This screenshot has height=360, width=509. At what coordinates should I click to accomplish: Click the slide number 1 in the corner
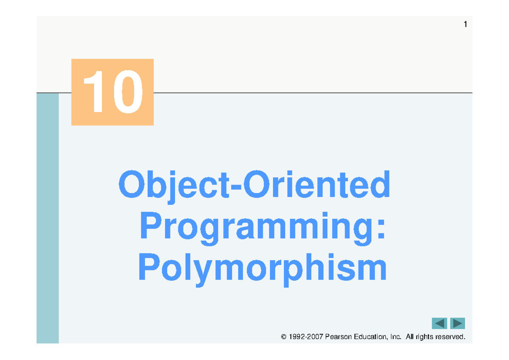click(465, 24)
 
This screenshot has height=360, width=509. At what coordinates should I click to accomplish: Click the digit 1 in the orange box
click(94, 91)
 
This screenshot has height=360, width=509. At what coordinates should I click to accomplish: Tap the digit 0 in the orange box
click(128, 91)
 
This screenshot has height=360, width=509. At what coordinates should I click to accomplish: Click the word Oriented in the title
click(317, 184)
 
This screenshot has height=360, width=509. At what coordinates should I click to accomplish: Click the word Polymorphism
click(262, 270)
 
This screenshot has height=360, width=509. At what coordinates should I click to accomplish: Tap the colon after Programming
click(381, 229)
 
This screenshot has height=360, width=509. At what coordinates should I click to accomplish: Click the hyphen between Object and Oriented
click(236, 187)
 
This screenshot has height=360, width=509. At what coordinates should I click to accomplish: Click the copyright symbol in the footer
click(284, 336)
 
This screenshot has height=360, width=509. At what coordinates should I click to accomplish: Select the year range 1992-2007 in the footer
click(306, 336)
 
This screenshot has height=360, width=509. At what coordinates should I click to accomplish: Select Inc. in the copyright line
click(396, 336)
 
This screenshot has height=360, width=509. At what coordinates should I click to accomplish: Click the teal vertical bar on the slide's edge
click(48, 218)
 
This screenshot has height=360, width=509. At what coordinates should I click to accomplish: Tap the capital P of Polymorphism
click(149, 267)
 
